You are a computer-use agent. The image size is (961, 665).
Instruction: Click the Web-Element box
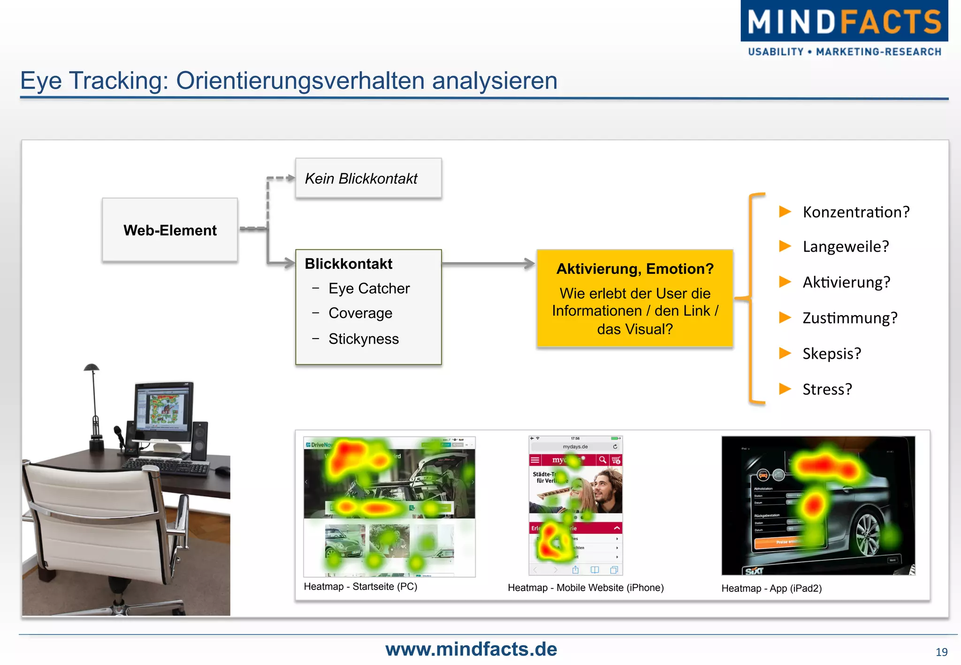pyautogui.click(x=170, y=230)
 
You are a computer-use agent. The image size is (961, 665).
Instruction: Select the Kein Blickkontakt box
pyautogui.click(x=368, y=178)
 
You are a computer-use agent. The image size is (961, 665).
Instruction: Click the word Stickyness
pyautogui.click(x=364, y=339)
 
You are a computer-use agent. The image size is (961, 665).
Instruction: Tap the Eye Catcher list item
pyautogui.click(x=369, y=288)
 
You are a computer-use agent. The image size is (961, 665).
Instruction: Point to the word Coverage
pyautogui.click(x=360, y=313)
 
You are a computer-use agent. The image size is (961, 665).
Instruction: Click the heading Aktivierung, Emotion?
pyautogui.click(x=635, y=269)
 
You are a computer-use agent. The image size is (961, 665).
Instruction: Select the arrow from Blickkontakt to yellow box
pyautogui.click(x=488, y=264)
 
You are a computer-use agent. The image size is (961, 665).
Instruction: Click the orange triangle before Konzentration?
pyautogui.click(x=785, y=212)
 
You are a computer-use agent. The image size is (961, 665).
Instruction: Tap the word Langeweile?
pyautogui.click(x=846, y=246)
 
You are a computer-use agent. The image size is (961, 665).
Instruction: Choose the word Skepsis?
pyautogui.click(x=831, y=353)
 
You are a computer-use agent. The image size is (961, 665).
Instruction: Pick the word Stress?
pyautogui.click(x=827, y=389)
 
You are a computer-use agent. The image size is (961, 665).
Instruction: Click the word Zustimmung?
pyautogui.click(x=850, y=318)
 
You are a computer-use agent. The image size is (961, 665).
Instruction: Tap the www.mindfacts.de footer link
pyautogui.click(x=471, y=649)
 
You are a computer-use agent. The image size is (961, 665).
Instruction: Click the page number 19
pyautogui.click(x=941, y=652)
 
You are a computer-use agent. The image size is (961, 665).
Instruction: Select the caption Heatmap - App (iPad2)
pyautogui.click(x=771, y=588)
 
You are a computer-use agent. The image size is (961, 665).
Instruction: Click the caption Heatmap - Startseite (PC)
pyautogui.click(x=360, y=586)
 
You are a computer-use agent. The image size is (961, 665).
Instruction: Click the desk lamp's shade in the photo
pyautogui.click(x=92, y=367)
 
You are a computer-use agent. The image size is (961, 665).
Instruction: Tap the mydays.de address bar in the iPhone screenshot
pyautogui.click(x=575, y=446)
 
